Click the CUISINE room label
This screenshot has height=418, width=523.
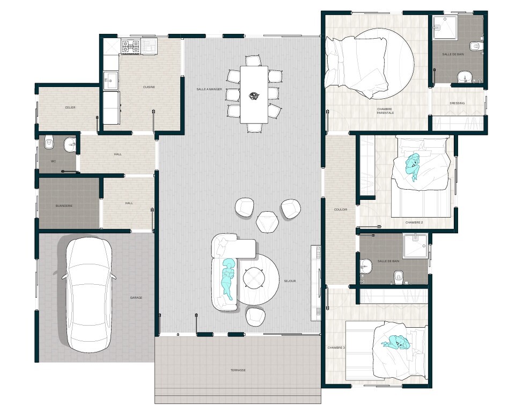(x=149, y=87)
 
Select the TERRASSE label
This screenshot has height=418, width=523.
(x=238, y=370)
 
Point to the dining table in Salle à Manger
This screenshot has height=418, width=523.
(x=254, y=95)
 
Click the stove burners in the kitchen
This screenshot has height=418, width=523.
(x=130, y=46)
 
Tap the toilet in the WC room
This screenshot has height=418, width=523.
(x=49, y=142)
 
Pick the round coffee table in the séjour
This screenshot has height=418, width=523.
(x=254, y=278)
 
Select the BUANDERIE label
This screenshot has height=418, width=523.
(x=64, y=206)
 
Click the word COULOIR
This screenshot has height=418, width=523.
(x=341, y=210)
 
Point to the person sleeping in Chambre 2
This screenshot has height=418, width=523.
(x=412, y=165)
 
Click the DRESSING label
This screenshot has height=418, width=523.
(x=457, y=103)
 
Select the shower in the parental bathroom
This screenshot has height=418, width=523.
(x=445, y=27)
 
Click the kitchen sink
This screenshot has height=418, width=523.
(x=111, y=81)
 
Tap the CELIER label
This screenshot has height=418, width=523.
(x=70, y=107)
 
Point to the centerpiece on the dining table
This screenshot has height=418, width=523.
(x=254, y=96)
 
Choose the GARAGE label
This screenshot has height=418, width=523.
(x=136, y=298)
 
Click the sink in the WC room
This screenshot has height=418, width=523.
(x=70, y=145)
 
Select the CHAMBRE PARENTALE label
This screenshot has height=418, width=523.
(x=385, y=111)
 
